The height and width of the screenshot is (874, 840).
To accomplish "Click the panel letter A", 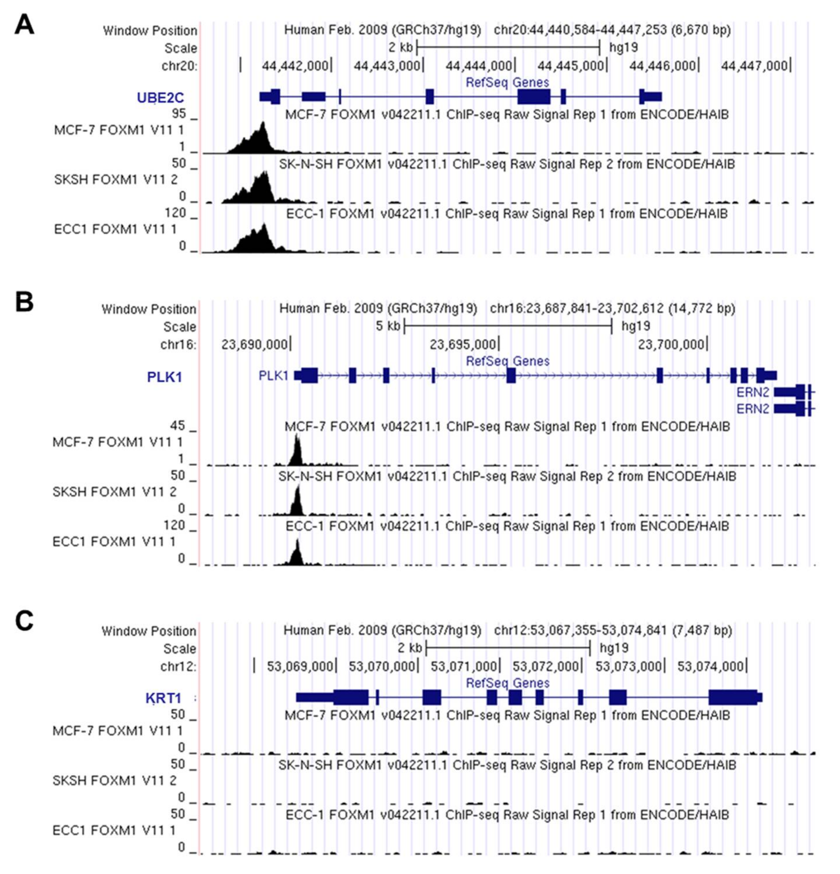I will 24,25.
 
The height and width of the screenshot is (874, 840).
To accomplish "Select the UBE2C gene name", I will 160,98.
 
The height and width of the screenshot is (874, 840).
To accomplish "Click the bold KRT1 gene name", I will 163,698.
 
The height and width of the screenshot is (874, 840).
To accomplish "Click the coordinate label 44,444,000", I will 478,66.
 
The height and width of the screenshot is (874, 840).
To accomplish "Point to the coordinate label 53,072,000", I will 545,667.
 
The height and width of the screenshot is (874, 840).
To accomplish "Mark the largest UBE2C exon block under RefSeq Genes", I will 533,97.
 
